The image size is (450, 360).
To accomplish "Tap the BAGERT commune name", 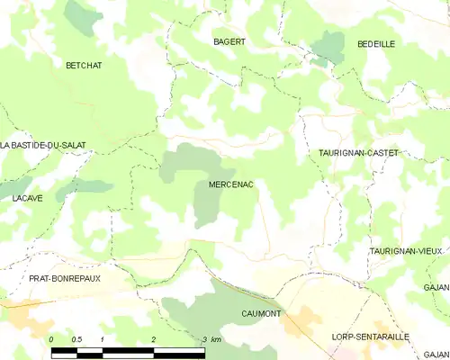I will click(x=229, y=41).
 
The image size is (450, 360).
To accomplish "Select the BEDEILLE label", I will click(x=376, y=43).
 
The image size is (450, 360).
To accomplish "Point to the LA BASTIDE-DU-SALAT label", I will click(x=34, y=145).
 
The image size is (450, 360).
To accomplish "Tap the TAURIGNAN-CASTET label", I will click(x=358, y=154).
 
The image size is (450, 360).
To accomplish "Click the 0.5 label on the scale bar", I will click(x=76, y=338).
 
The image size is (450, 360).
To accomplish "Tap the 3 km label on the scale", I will click(x=211, y=338).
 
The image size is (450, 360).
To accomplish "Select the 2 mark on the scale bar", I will click(x=154, y=338).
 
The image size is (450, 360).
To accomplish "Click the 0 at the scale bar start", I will click(x=52, y=338).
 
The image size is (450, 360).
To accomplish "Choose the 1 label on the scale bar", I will click(x=103, y=338).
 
